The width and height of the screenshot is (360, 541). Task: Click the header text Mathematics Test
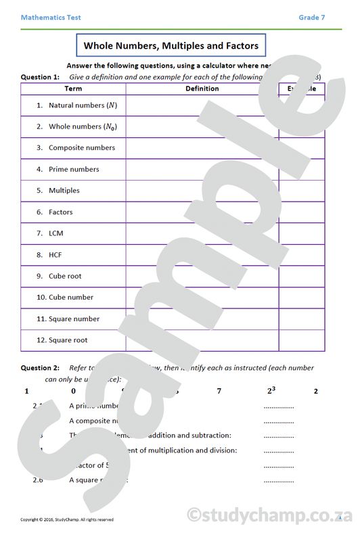pyautogui.click(x=51, y=18)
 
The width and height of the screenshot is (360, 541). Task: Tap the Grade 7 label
pyautogui.click(x=312, y=18)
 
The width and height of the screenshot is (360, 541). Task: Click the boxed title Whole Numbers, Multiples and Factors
pyautogui.click(x=171, y=46)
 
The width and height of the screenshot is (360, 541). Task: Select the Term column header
pyautogui.click(x=73, y=89)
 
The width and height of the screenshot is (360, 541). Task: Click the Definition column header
pyautogui.click(x=202, y=89)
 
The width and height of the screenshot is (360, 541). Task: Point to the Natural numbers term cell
pyautogui.click(x=76, y=105)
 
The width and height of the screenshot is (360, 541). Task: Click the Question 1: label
pyautogui.click(x=41, y=77)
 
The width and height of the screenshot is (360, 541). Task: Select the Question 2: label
pyautogui.click(x=41, y=368)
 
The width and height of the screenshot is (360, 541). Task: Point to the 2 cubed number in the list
pyautogui.click(x=271, y=390)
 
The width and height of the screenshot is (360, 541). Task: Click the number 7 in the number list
pyautogui.click(x=219, y=391)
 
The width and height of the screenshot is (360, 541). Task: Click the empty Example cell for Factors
pyautogui.click(x=302, y=212)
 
